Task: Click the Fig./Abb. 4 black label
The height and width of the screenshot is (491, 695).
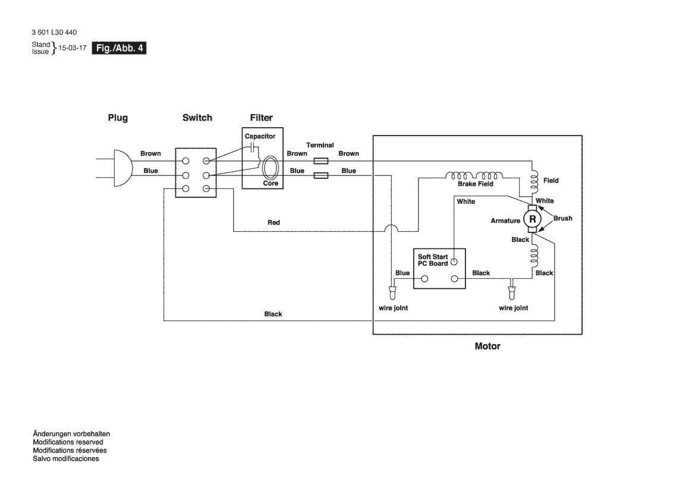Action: click(119, 48)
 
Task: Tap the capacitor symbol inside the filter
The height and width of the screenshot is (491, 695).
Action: click(254, 147)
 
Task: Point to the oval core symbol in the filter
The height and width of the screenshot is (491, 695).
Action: click(271, 168)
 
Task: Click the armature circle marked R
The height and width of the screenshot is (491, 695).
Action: click(533, 220)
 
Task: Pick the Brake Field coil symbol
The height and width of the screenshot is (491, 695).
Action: click(476, 176)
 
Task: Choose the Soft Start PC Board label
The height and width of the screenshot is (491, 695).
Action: click(433, 260)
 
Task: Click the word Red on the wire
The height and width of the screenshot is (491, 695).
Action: click(273, 222)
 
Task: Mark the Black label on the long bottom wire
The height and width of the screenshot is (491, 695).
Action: click(273, 314)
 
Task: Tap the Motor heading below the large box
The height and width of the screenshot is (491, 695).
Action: click(487, 346)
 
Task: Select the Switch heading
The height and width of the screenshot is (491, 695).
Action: click(197, 118)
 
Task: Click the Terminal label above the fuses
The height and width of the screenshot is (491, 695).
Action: click(320, 145)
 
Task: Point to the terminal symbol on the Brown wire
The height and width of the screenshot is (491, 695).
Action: click(320, 161)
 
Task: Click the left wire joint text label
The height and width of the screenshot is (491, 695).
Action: click(393, 308)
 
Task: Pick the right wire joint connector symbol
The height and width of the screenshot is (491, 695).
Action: click(510, 293)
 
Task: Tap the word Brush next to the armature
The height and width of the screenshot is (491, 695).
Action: click(562, 218)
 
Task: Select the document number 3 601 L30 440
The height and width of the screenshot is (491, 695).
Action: click(54, 33)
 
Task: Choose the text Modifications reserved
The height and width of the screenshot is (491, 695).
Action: click(68, 442)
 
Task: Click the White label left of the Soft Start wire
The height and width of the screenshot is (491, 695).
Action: click(466, 202)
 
